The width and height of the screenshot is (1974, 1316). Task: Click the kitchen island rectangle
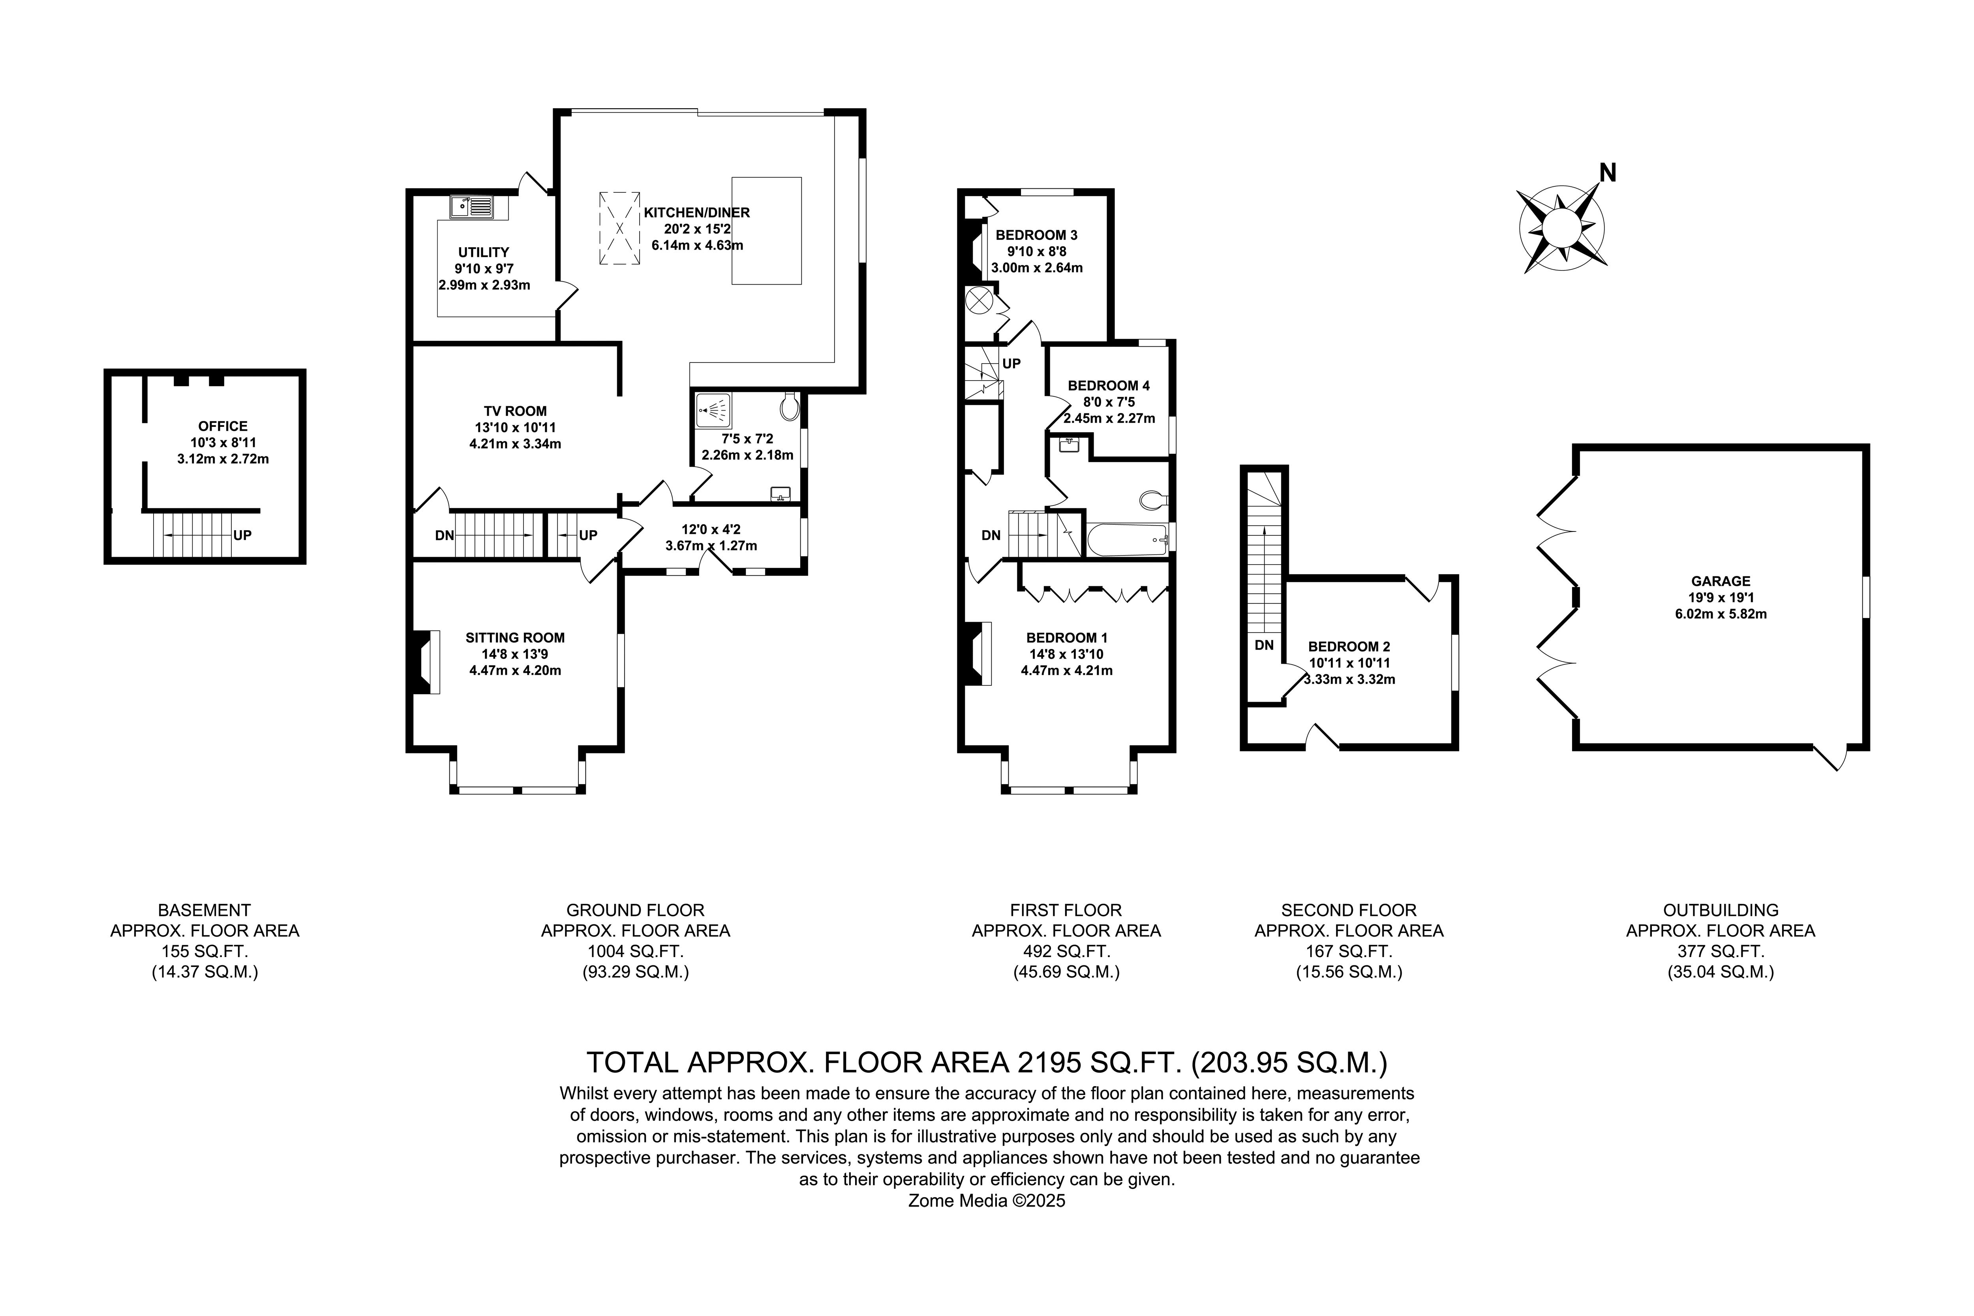[766, 231]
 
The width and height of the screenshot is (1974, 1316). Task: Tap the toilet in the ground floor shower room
[789, 407]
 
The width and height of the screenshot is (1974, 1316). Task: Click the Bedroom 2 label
[1349, 646]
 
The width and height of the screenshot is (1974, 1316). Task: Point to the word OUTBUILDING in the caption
[1721, 910]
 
